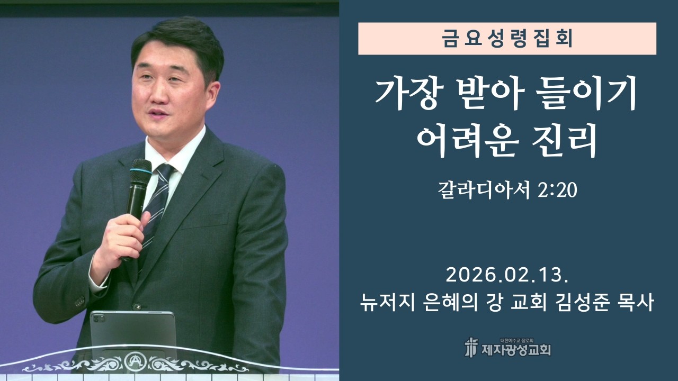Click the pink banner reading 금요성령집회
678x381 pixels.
507,39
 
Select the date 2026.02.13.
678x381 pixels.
507,275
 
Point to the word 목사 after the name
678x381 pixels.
637,303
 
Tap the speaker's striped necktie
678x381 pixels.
158,201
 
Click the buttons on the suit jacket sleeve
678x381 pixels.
79,301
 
